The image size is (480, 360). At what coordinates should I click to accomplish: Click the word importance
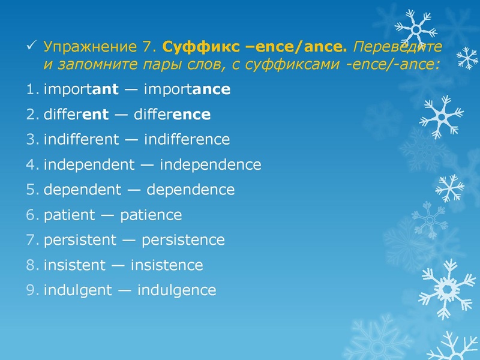tap(187, 90)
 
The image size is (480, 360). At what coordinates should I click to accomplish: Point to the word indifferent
tap(82, 140)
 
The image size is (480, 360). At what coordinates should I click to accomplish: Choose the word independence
tap(211, 165)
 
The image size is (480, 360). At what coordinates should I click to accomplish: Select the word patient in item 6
tap(69, 215)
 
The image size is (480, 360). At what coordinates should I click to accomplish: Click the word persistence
tap(183, 241)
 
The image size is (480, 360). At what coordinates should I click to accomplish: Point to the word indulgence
tap(176, 291)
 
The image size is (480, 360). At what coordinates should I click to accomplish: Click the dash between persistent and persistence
tap(129, 241)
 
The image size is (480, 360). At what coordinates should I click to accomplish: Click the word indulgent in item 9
tap(77, 291)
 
